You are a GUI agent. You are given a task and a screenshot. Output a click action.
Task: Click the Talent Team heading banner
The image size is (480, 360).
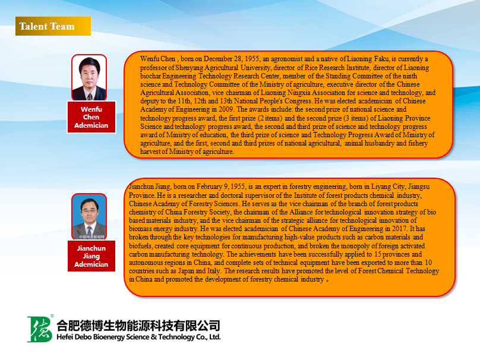pos(53,26)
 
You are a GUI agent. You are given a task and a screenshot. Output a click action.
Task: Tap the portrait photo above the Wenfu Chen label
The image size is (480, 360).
pos(89,77)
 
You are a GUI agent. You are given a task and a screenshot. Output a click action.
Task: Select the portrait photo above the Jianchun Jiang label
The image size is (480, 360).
pos(89,216)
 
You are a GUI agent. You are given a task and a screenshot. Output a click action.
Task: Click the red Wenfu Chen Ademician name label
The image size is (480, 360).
pos(91,117)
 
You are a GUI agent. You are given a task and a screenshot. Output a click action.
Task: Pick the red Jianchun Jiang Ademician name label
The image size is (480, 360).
pos(91,256)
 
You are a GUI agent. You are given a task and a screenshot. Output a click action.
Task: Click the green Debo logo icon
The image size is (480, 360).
pos(39,329)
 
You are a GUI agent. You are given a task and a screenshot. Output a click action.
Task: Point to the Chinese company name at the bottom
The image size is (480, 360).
pos(138,326)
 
